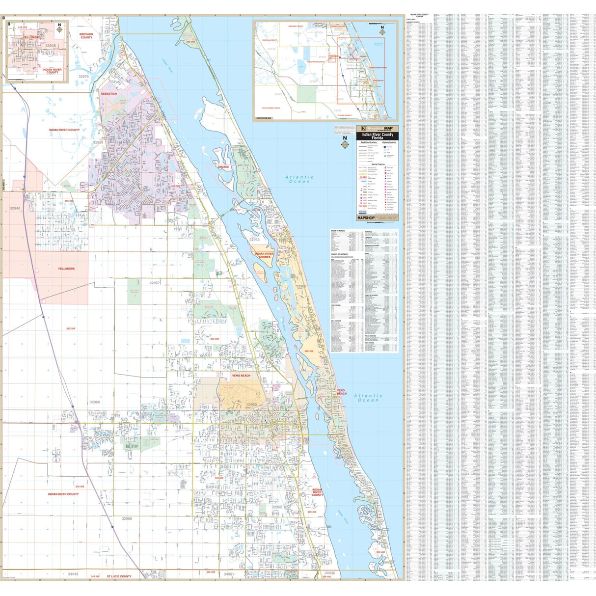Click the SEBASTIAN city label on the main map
[x=108, y=93]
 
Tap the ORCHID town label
[x=223, y=167]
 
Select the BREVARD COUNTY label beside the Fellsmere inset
[x=86, y=36]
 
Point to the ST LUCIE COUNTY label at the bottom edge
[x=119, y=576]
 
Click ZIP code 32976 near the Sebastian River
[x=83, y=77]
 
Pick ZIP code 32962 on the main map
[x=276, y=507]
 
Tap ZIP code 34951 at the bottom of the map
[x=229, y=574]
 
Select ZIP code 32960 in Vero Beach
[x=251, y=405]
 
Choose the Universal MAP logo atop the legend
[x=377, y=128]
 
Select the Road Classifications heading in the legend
[x=369, y=142]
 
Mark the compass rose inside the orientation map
[x=382, y=29]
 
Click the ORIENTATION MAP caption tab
[x=264, y=118]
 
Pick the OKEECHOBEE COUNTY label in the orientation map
[x=271, y=108]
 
